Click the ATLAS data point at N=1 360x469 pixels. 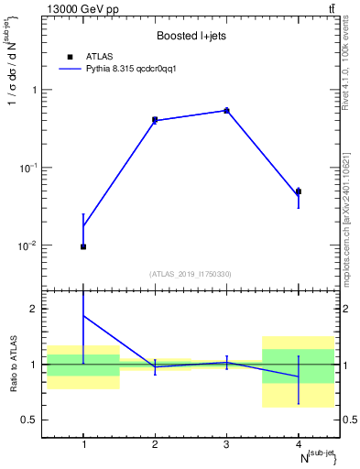coord(83,246)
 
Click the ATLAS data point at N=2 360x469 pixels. coord(155,120)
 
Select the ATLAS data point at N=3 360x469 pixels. coord(226,111)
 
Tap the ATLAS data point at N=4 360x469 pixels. coord(299,191)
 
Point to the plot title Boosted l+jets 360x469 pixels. coord(191,36)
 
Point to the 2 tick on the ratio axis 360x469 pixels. coord(38,310)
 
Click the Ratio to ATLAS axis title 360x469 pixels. coord(12,364)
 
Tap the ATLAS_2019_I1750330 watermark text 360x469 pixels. coord(191,274)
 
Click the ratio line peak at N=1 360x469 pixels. coord(83,316)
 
